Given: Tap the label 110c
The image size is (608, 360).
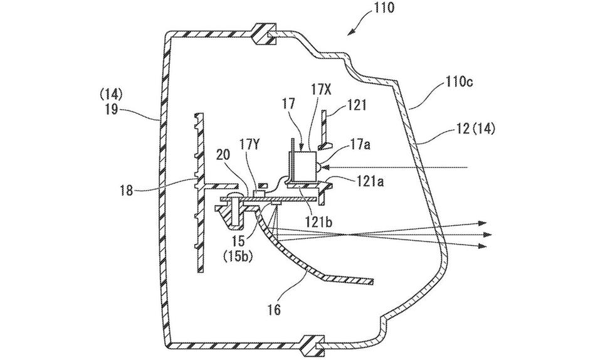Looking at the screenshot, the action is [458, 82].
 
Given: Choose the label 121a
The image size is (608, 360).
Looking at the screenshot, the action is [370, 181].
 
